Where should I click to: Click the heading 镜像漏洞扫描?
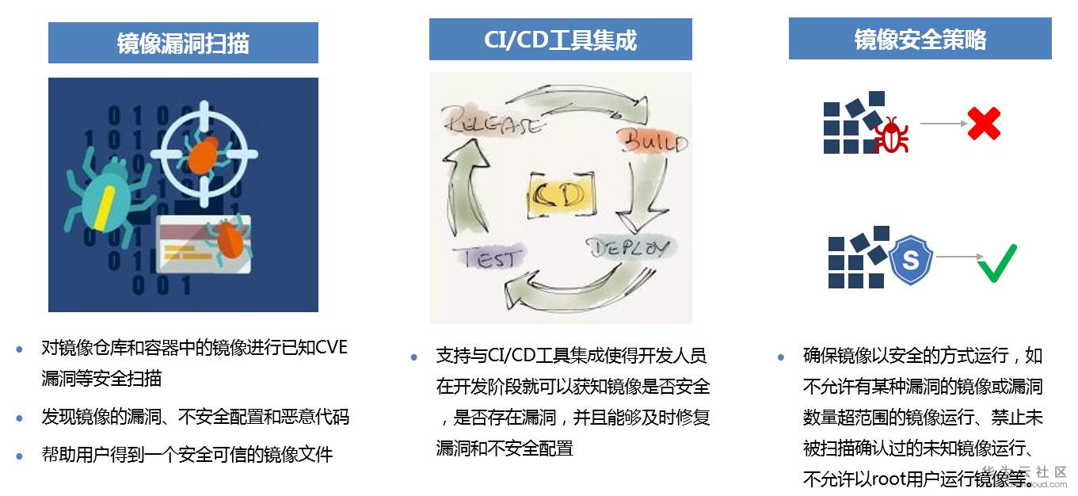[183, 43]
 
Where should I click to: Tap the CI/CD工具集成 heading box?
[560, 40]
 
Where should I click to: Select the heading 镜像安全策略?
[920, 39]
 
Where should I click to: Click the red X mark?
[985, 124]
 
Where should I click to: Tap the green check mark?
[996, 262]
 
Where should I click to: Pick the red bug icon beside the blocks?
[891, 135]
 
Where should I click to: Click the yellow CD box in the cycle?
[559, 194]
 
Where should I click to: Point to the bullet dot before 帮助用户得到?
[20, 455]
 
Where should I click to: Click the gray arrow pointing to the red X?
[943, 124]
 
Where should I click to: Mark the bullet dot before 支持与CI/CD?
[413, 357]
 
